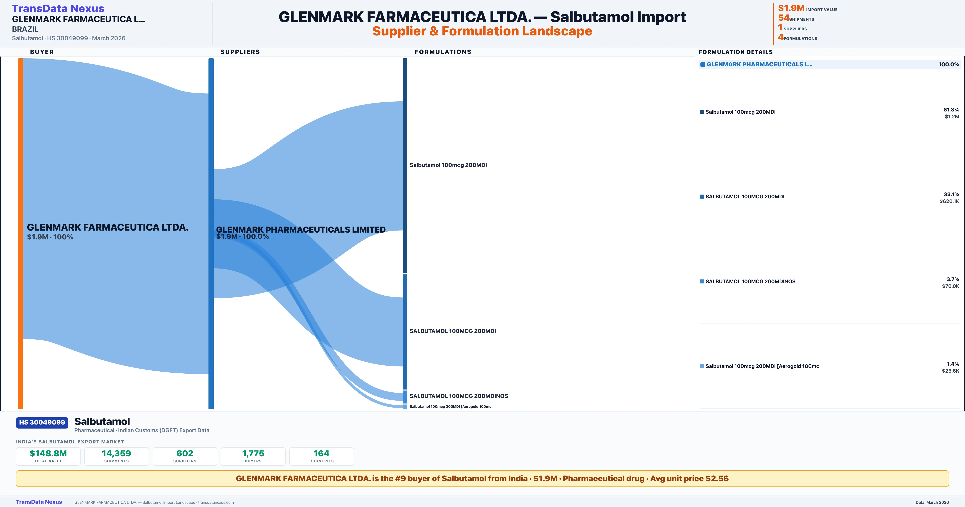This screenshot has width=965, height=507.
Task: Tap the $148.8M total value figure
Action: coord(48,453)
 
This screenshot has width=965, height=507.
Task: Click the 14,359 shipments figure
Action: coord(117,453)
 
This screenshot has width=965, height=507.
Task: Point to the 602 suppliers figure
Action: coord(185,453)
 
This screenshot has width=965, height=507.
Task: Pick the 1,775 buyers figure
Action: coord(253,453)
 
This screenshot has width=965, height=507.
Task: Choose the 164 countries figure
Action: coord(321,453)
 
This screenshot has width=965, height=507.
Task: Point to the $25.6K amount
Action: coord(950,371)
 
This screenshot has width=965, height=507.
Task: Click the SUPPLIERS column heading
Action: coord(240,52)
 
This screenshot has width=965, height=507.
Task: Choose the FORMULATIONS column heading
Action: coord(443,52)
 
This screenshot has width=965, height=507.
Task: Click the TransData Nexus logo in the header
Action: coord(58,8)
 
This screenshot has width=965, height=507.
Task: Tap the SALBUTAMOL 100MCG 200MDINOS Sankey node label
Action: coord(459,396)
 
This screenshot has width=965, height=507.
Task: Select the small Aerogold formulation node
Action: coord(405,406)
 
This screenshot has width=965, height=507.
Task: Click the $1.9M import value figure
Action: coord(791,8)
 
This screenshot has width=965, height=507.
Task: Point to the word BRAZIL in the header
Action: coord(25,29)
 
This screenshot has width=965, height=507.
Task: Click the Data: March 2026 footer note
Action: coord(932,502)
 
